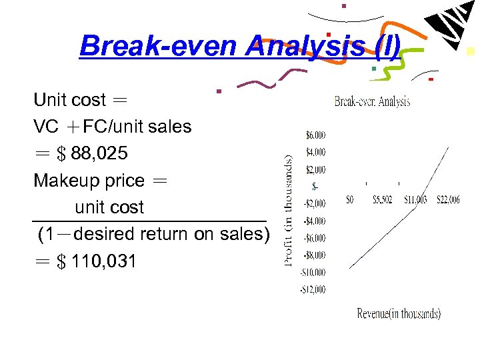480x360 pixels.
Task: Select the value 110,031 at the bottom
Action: click(103, 261)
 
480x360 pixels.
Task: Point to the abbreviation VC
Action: click(46, 127)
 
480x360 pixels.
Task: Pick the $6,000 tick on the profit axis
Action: click(315, 135)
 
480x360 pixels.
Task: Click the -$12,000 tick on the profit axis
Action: click(313, 289)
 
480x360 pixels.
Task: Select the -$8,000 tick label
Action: click(315, 255)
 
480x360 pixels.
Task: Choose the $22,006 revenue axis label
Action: click(448, 199)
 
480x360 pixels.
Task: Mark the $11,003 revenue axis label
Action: click(416, 199)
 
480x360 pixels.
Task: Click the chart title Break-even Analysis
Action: click(372, 101)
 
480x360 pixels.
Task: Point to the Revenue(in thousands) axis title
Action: click(399, 313)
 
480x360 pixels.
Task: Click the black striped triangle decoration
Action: click(449, 27)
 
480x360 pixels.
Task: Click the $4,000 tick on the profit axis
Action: click(315, 152)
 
